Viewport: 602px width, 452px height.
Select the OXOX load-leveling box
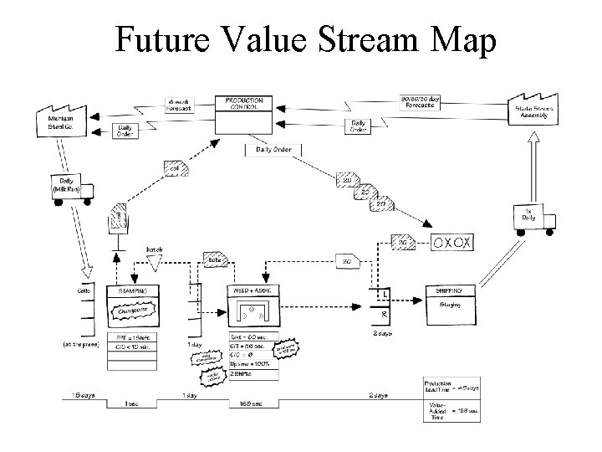456,243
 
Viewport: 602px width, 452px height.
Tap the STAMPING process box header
133,291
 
